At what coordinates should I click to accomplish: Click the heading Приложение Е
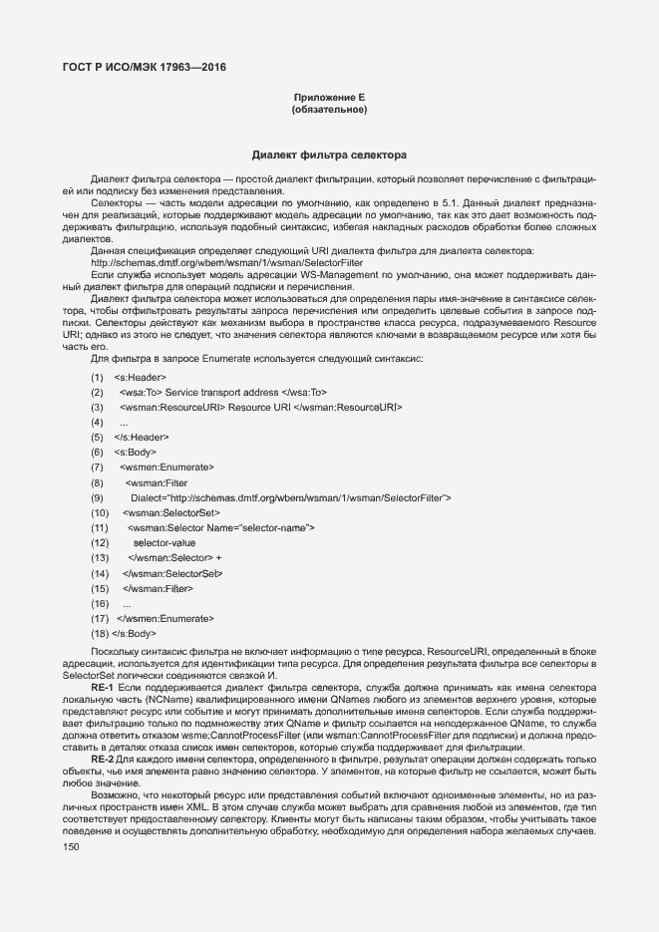(x=329, y=97)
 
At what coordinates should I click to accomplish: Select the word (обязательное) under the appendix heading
(x=329, y=110)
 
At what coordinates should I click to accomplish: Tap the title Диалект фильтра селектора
(x=329, y=156)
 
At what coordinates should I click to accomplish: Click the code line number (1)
(x=97, y=378)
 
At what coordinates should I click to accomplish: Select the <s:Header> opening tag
(x=141, y=378)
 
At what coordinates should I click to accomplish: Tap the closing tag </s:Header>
(x=142, y=438)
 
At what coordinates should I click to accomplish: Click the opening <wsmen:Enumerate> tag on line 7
(x=166, y=467)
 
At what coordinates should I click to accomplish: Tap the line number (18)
(x=99, y=633)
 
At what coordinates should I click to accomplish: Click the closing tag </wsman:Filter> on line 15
(x=158, y=588)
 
